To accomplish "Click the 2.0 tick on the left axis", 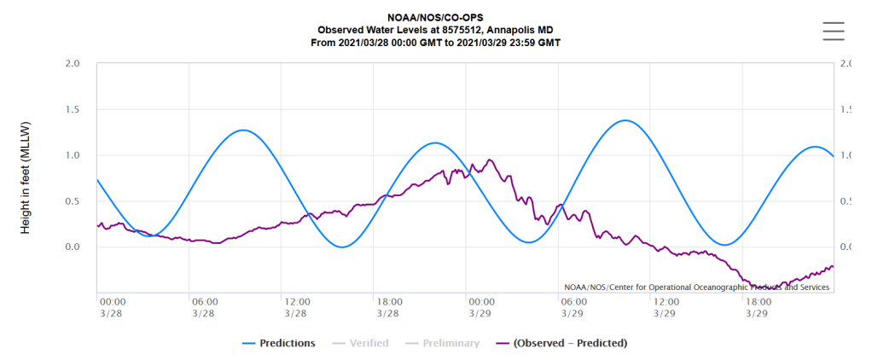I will (x=73, y=64).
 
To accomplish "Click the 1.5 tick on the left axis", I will (x=73, y=110).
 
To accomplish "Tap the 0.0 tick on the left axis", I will (x=73, y=247).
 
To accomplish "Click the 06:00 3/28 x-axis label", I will (x=204, y=307).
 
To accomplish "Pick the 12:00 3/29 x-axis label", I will (x=666, y=307).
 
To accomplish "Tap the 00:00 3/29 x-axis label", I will (x=480, y=307).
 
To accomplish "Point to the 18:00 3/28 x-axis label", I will (x=388, y=307).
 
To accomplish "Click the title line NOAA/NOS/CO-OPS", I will (x=435, y=18).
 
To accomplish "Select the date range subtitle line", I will (x=435, y=42).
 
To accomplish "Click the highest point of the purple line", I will (x=490, y=160).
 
